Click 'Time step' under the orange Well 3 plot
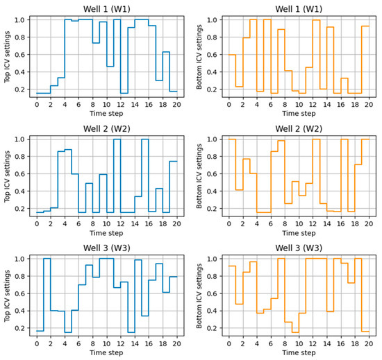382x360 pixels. coord(299,352)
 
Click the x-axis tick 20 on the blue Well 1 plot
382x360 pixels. coord(176,103)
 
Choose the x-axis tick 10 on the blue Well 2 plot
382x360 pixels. coord(106,223)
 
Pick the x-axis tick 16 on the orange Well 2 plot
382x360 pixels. coord(340,223)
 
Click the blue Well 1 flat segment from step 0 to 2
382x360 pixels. coord(43,93)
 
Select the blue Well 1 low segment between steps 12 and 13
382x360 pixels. coord(124,93)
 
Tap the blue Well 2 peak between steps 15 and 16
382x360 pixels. coord(144,139)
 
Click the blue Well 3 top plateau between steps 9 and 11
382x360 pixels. coord(106,259)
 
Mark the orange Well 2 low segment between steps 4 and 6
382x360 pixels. coord(263,212)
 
